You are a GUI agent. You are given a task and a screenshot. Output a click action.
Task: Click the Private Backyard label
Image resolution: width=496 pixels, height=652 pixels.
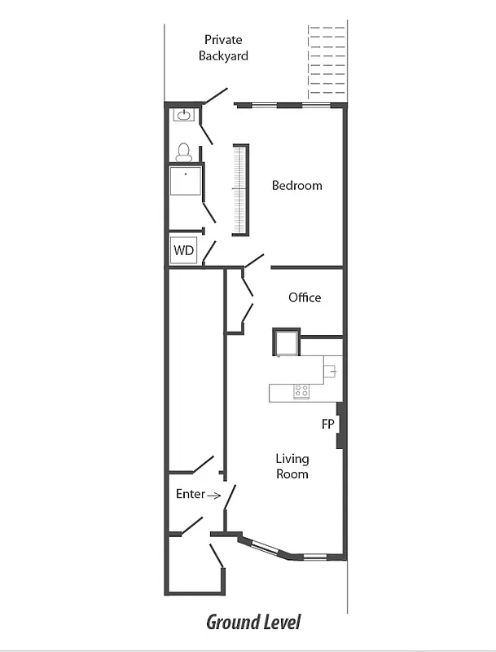point(222,48)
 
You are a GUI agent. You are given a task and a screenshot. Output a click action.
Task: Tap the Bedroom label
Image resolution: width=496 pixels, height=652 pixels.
point(296,186)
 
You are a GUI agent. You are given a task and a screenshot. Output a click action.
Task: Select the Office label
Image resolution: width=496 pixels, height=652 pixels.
point(305,297)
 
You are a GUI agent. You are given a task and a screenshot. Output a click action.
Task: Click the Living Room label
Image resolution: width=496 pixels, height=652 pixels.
point(292,466)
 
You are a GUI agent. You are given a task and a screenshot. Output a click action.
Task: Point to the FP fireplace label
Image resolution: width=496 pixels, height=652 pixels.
point(327,425)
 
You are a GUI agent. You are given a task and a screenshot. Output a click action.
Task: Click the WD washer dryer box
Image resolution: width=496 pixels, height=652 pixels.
point(184,250)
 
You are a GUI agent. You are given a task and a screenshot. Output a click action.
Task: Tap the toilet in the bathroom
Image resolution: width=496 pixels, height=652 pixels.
point(184,152)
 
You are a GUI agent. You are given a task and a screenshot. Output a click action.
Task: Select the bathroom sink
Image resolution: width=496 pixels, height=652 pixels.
point(184,115)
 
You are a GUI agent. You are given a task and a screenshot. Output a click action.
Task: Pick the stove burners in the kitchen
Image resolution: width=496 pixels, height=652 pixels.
point(301,391)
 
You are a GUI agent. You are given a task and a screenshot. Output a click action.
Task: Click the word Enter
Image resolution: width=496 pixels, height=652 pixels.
point(190,494)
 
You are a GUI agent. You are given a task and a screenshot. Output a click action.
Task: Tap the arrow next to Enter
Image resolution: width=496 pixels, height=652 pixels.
point(213,495)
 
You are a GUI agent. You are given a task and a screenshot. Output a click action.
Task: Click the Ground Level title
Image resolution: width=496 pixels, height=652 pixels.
point(252,623)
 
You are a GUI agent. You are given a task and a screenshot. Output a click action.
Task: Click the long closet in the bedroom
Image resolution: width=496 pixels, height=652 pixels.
point(240,190)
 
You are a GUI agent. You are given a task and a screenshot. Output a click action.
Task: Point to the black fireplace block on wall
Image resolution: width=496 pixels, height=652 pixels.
point(340,425)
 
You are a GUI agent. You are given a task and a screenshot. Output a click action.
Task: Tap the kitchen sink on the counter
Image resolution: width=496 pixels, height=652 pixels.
point(331,371)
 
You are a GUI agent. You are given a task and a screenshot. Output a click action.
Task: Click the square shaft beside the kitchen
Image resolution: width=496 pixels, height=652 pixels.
point(286,341)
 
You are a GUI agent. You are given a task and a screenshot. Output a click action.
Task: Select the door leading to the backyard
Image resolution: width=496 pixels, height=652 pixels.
point(215,96)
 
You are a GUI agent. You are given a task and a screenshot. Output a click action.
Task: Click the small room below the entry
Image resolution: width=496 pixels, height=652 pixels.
point(194,563)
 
